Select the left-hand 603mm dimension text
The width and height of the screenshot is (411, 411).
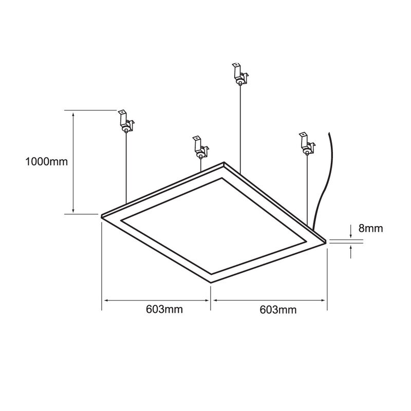tap(164, 309)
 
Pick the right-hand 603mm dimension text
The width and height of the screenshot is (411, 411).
tap(278, 309)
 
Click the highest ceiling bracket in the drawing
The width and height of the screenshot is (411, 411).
tap(239, 74)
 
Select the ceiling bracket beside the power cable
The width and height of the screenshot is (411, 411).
tap(307, 144)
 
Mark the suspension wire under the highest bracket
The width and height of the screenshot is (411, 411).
tap(240, 128)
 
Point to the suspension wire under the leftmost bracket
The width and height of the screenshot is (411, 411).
tap(126, 170)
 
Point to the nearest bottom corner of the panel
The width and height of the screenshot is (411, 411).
tap(211, 282)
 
